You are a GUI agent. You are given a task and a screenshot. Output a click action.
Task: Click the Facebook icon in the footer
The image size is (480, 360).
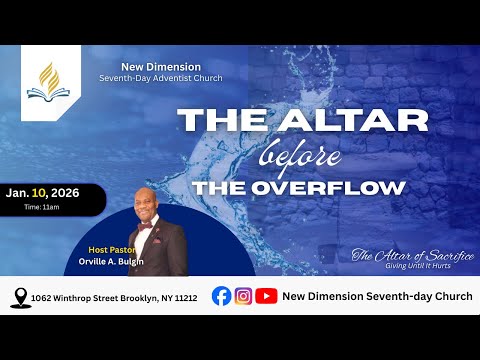click(x=221, y=296)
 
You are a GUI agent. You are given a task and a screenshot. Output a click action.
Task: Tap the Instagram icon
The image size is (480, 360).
click(x=243, y=296)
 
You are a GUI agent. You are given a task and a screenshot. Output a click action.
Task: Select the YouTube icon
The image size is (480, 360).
click(x=266, y=296)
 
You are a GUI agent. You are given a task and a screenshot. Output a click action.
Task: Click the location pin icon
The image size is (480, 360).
click(x=18, y=297)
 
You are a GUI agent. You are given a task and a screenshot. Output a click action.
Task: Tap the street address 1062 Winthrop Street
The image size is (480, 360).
click(x=114, y=297)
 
